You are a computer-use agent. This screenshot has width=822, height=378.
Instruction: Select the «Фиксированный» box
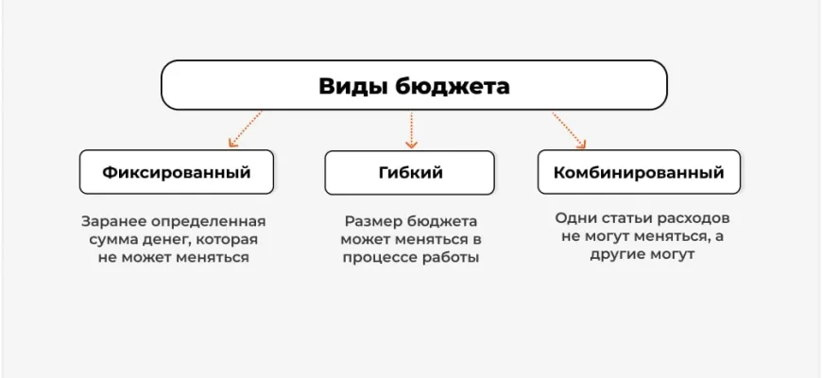pos(177,173)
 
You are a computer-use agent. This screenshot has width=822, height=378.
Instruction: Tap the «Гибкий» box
pos(411,173)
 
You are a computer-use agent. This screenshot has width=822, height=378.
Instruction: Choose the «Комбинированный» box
pos(639,173)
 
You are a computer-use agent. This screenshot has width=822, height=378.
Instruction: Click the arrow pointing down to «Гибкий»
pos(411,129)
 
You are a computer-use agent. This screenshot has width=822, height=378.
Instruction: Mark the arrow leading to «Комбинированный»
pos(568,129)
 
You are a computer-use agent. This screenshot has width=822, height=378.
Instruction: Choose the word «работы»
pos(452,257)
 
